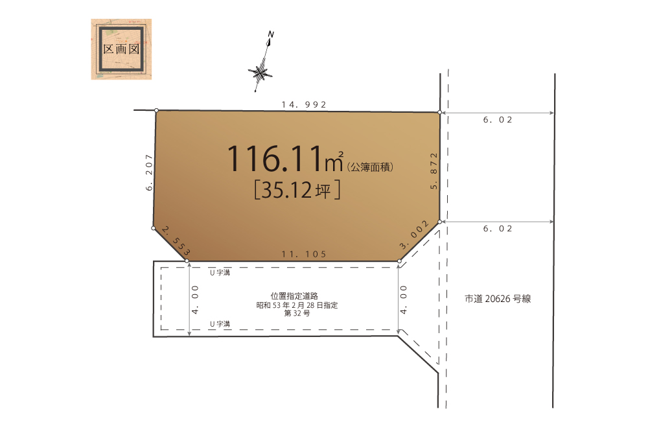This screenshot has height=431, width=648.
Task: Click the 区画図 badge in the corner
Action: tap(121, 49)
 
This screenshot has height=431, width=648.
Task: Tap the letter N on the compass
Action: tap(271, 34)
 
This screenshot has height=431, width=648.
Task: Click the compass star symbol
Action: tap(260, 73)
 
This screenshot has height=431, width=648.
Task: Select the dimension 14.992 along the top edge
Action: tap(304, 104)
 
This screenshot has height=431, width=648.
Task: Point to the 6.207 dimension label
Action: tap(149, 172)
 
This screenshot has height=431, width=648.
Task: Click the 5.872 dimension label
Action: tap(434, 170)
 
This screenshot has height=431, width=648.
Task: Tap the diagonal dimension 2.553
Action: tap(176, 240)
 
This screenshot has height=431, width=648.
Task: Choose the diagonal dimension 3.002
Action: tap(414, 235)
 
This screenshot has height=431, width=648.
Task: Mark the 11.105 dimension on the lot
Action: tap(304, 254)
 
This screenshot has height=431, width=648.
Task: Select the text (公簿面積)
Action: tap(370, 167)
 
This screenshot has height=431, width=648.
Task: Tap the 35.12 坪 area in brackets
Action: tap(297, 190)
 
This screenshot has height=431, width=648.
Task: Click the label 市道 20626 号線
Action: tap(498, 299)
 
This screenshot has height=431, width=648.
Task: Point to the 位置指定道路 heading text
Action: tap(294, 296)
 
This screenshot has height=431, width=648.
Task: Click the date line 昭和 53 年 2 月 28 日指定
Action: tap(297, 305)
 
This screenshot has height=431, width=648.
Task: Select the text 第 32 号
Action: tap(297, 313)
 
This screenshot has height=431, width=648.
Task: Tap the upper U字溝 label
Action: tap(220, 273)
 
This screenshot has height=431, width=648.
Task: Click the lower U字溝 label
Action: tap(220, 325)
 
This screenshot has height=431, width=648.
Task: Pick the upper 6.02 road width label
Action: tap(498, 120)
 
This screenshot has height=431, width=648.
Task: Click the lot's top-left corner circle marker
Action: tap(156, 110)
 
